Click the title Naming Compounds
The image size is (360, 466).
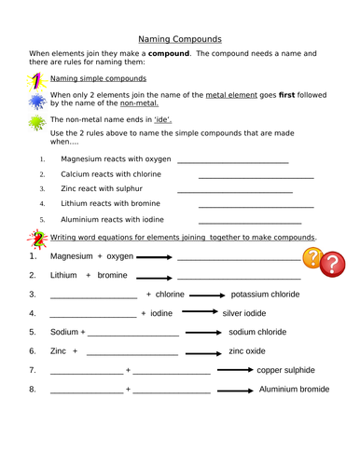(179, 39)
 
